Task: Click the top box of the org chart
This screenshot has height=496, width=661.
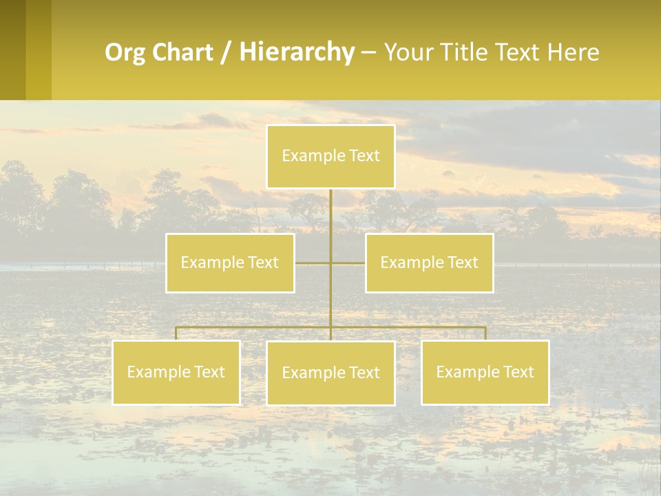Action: coord(330,156)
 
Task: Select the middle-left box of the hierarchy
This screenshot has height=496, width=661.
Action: coord(230,262)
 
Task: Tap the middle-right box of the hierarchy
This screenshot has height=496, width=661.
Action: coord(429,262)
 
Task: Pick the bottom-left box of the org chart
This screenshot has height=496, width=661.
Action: coord(176,372)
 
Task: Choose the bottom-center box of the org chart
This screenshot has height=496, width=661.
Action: coord(330,373)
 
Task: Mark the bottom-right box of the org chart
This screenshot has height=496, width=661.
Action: coord(485,372)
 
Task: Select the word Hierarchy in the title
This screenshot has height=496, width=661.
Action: coord(296,52)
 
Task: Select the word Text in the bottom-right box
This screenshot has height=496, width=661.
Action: coord(518,372)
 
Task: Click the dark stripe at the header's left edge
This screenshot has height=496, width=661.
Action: coord(12,50)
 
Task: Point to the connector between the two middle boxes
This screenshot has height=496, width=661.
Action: coord(330,262)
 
